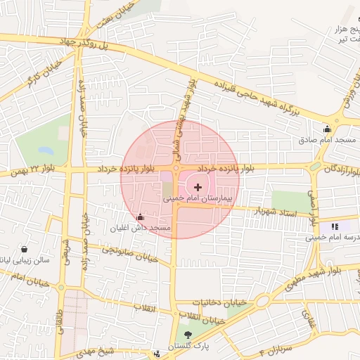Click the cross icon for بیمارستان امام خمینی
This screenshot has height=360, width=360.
pos(198,187)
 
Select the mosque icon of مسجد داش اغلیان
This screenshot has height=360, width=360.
pos(141,217)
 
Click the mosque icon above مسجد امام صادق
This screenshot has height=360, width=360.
pos(327,129)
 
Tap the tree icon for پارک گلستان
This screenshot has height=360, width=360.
pos(188,335)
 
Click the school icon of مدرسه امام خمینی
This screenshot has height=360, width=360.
pos(335,226)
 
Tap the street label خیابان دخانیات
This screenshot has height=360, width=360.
pos(221,302)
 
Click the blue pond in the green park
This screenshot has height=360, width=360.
pos(45,150)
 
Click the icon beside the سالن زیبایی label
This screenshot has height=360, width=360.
pos(25,249)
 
